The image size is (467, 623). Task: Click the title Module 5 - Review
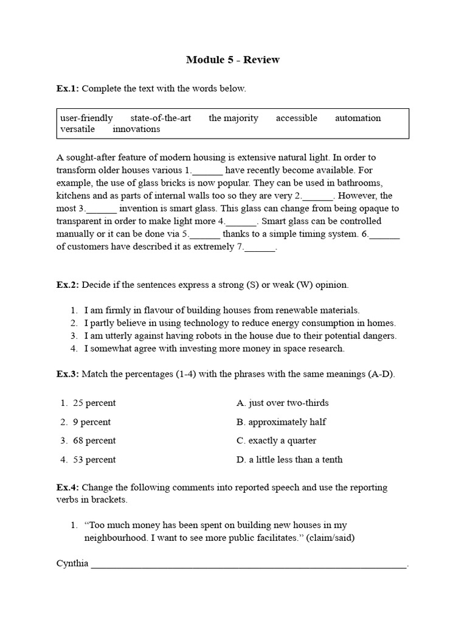(x=233, y=60)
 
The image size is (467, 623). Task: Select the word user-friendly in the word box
(x=86, y=118)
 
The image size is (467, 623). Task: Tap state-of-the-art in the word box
(x=161, y=118)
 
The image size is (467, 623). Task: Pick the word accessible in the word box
(x=296, y=118)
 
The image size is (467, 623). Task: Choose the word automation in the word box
(x=358, y=118)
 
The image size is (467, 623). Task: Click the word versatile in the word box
(x=77, y=129)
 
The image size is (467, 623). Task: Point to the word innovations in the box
(x=136, y=129)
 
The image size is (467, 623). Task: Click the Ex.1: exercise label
(x=67, y=89)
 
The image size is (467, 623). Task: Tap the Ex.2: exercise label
(x=67, y=285)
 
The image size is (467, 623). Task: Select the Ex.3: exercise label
(x=67, y=374)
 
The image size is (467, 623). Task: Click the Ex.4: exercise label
(x=67, y=487)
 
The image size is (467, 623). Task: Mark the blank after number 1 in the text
(x=208, y=171)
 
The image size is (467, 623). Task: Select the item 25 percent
(x=94, y=403)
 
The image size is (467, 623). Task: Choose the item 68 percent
(x=94, y=440)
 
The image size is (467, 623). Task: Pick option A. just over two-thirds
(x=282, y=403)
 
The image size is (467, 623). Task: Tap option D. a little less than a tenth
(x=289, y=459)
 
